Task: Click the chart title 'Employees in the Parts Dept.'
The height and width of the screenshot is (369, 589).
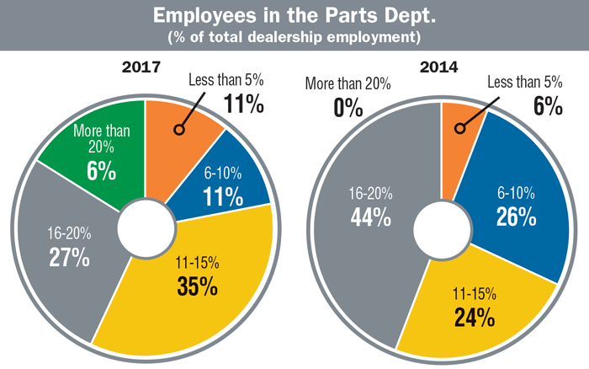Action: [294, 17]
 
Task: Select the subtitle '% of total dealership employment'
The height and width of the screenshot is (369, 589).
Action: [294, 38]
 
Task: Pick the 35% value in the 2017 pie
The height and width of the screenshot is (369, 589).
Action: [199, 286]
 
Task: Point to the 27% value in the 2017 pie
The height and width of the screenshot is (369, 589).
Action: [69, 257]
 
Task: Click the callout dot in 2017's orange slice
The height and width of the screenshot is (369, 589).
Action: [178, 130]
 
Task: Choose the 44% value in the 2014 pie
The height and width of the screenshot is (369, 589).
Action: [371, 217]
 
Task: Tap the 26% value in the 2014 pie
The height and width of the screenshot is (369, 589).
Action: [516, 217]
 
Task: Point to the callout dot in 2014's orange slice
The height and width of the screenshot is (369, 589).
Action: [459, 129]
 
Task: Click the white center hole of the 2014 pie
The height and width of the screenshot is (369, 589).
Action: [442, 227]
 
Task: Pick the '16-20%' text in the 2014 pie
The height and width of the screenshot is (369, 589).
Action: [371, 193]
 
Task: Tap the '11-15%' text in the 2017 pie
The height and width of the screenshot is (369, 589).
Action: [199, 262]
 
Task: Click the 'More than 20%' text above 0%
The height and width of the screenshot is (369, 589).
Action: [348, 83]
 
